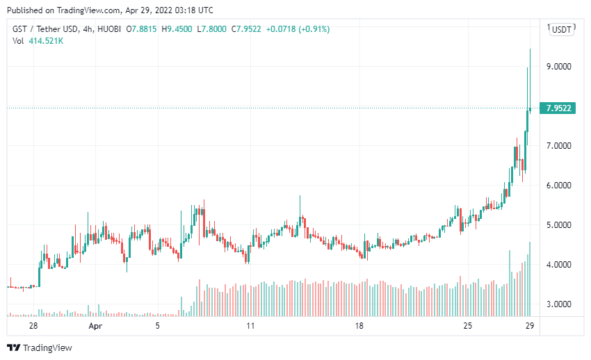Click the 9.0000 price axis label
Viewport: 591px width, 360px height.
pyautogui.click(x=559, y=67)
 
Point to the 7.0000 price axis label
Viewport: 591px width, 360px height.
pyautogui.click(x=559, y=146)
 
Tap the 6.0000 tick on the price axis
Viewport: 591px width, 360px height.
pyautogui.click(x=559, y=186)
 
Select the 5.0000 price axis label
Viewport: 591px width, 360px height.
pyautogui.click(x=559, y=225)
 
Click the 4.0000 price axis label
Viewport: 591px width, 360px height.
pyautogui.click(x=559, y=265)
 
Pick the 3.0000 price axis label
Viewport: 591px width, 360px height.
pyautogui.click(x=559, y=304)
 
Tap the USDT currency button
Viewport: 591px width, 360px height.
pyautogui.click(x=561, y=29)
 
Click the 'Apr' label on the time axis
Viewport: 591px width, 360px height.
pyautogui.click(x=95, y=325)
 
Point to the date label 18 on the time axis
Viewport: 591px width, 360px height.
pyautogui.click(x=359, y=325)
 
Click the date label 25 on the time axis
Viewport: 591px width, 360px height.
pyautogui.click(x=468, y=325)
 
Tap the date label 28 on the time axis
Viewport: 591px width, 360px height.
pyautogui.click(x=33, y=325)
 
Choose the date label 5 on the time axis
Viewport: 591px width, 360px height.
pyautogui.click(x=158, y=325)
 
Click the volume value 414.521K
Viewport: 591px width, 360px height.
pyautogui.click(x=47, y=41)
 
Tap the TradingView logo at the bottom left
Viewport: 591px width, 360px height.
pyautogui.click(x=40, y=347)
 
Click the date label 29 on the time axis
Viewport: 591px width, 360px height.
pyautogui.click(x=530, y=325)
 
